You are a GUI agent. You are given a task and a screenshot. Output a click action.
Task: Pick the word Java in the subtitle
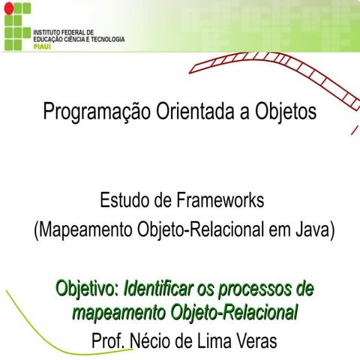click(x=311, y=229)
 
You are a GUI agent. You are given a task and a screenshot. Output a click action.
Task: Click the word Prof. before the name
click(x=108, y=340)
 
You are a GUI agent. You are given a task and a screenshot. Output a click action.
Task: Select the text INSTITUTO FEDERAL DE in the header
click(x=64, y=33)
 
